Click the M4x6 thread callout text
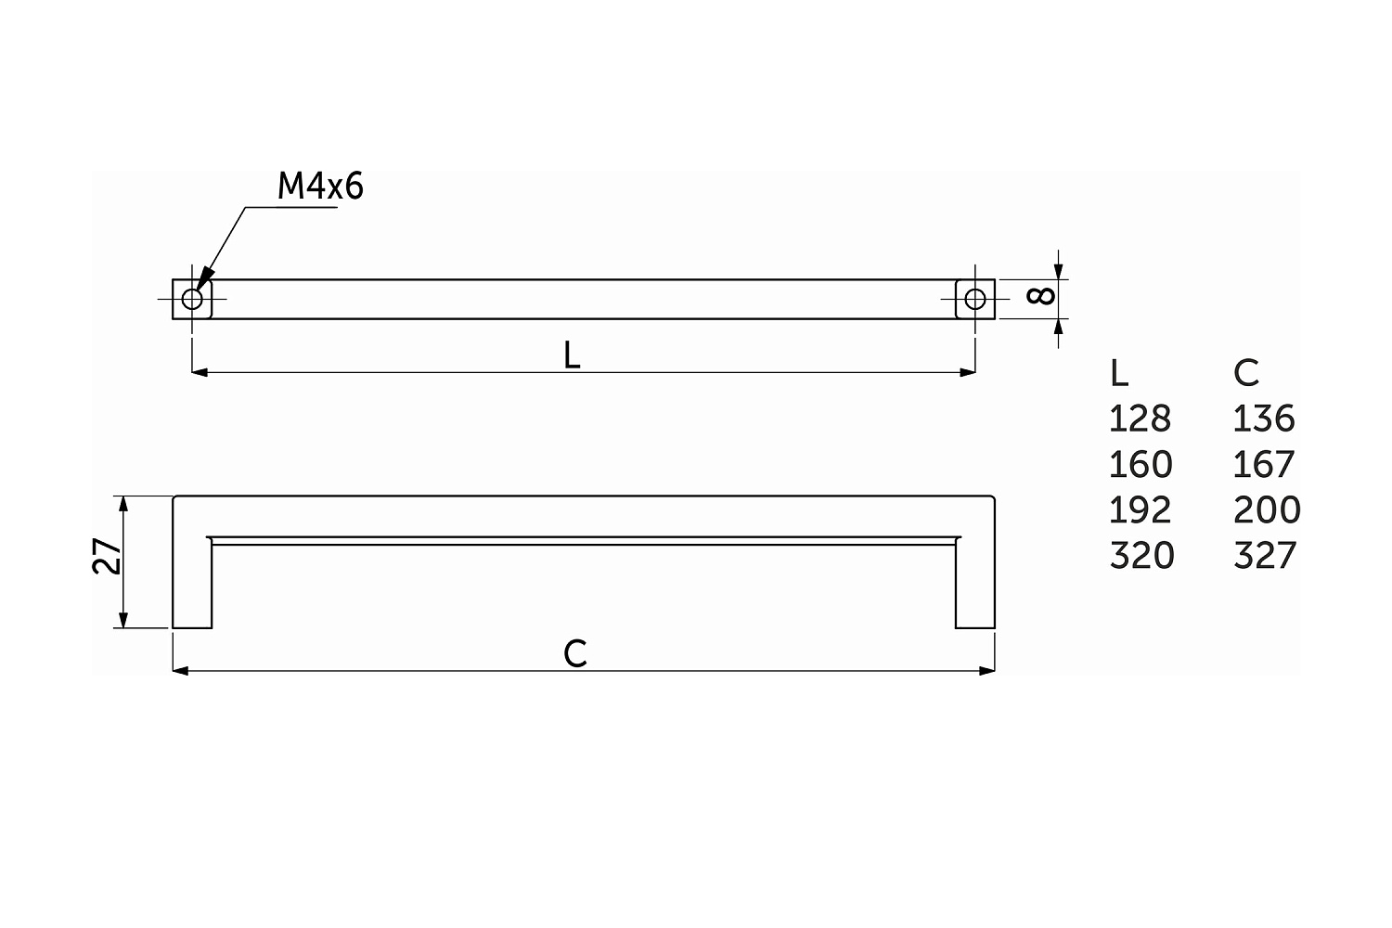(x=320, y=186)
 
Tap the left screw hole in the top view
(x=192, y=299)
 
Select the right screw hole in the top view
(x=975, y=299)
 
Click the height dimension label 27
(x=107, y=556)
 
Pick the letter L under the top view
(x=572, y=354)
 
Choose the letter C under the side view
(x=574, y=653)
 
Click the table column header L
(x=1118, y=374)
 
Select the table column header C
(x=1246, y=374)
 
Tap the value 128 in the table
(x=1141, y=419)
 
